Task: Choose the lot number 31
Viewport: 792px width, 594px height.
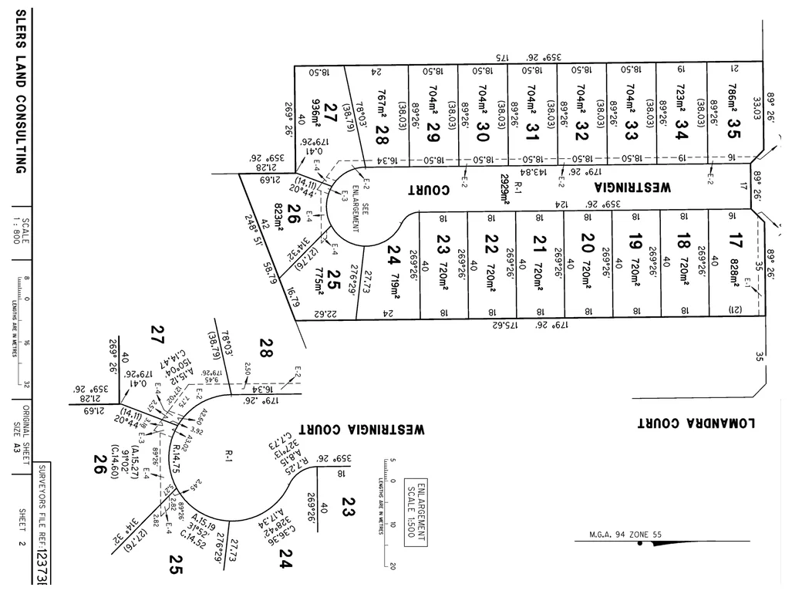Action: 531,127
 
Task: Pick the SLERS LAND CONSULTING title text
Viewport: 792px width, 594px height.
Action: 21,92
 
